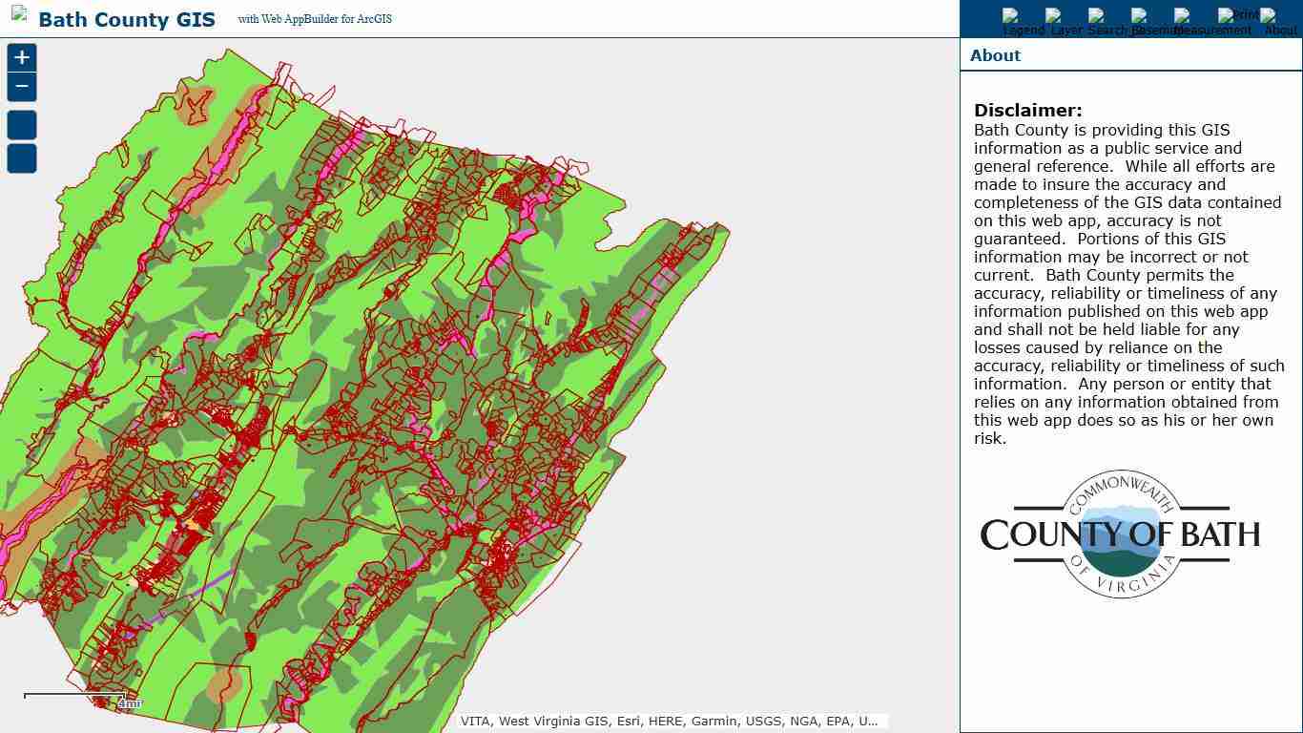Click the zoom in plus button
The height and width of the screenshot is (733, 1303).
tap(22, 58)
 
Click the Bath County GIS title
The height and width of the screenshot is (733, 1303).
tap(127, 20)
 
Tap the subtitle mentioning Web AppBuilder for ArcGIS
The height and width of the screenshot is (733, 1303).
tap(315, 19)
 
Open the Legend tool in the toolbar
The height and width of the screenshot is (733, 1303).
tap(1023, 23)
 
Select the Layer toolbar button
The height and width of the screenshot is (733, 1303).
tap(1065, 23)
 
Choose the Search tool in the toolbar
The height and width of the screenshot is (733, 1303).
tap(1108, 23)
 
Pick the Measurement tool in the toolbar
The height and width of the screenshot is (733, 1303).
tap(1212, 23)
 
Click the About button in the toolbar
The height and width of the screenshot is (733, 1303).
tap(1280, 23)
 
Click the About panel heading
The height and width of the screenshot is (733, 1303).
tap(995, 55)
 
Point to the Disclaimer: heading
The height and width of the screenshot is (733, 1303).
tap(1027, 111)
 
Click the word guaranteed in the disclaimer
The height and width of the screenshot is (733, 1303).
tap(1019, 240)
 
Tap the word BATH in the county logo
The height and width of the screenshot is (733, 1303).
tap(1220, 535)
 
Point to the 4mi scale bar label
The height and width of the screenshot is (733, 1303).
tap(130, 703)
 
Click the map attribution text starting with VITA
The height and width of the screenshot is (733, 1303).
tap(669, 722)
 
